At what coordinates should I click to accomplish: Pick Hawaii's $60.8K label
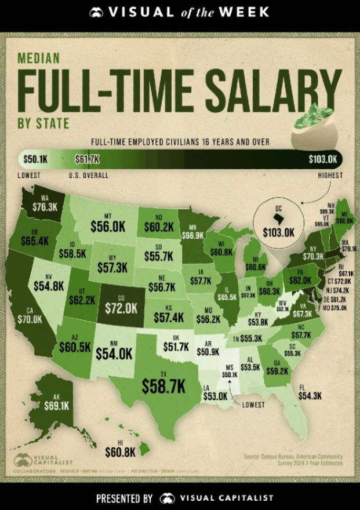click(x=119, y=449)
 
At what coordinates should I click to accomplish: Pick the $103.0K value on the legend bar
click(x=324, y=158)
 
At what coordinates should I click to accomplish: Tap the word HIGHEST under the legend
click(x=330, y=175)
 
